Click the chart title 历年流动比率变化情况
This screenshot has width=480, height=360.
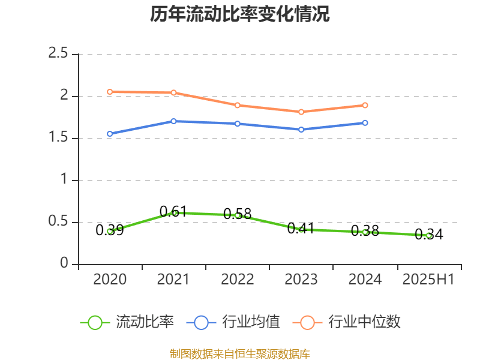pyautogui.click(x=239, y=14)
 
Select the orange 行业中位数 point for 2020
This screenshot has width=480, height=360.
pyautogui.click(x=110, y=92)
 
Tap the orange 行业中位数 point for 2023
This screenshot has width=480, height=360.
pyautogui.click(x=301, y=112)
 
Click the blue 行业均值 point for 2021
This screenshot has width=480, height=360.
pyautogui.click(x=173, y=121)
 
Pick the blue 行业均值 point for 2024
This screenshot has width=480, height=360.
pyautogui.click(x=365, y=123)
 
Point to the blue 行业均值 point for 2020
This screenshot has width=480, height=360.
pyautogui.click(x=110, y=134)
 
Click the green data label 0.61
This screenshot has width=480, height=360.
pyautogui.click(x=173, y=211)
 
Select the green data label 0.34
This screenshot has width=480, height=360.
pyautogui.click(x=429, y=234)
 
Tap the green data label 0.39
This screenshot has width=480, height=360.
pyautogui.click(x=110, y=230)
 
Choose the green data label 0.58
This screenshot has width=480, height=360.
pyautogui.click(x=238, y=214)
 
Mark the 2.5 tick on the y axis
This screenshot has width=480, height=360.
pyautogui.click(x=59, y=54)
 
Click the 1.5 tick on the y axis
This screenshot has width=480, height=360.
pyautogui.click(x=59, y=139)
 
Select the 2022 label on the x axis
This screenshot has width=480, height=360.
pyautogui.click(x=238, y=280)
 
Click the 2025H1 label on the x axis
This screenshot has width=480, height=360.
pyautogui.click(x=428, y=280)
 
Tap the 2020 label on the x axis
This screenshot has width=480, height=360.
pyautogui.click(x=110, y=280)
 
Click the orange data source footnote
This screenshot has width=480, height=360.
pyautogui.click(x=240, y=353)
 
